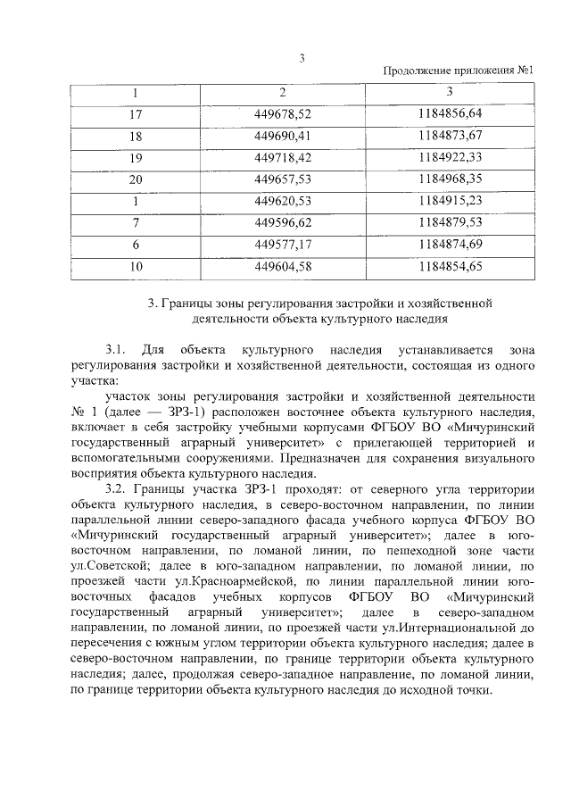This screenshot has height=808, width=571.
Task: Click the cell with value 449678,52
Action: coord(283,113)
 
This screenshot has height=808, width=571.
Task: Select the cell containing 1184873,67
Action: coord(449,136)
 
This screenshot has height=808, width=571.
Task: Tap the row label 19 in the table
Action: coord(136,157)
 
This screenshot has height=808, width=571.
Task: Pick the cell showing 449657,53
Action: coord(283,179)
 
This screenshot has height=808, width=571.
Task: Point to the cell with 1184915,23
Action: coord(449,201)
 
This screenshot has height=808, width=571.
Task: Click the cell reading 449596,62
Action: coord(283,222)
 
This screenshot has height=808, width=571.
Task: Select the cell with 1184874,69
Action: coord(449,244)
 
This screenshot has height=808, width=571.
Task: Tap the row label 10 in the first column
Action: coord(136,265)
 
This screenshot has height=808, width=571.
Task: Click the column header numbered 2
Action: coord(283,92)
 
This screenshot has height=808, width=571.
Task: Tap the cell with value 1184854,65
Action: coord(449,265)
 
